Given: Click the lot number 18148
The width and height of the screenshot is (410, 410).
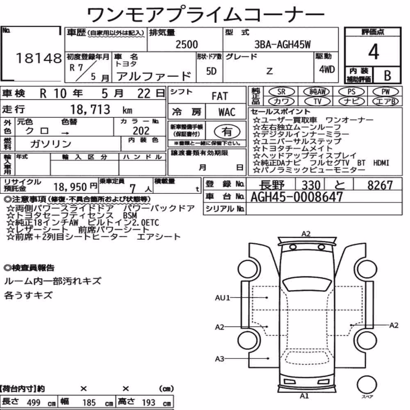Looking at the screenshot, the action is [x=39, y=58].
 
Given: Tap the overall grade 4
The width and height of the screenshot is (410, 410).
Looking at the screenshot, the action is [x=374, y=52].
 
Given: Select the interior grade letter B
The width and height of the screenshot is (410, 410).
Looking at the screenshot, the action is [x=387, y=75].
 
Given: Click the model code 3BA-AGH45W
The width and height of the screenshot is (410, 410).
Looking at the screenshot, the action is [x=282, y=45].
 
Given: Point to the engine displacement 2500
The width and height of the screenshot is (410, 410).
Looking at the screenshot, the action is [x=187, y=44].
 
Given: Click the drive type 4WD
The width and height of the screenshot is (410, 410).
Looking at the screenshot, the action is [x=327, y=69].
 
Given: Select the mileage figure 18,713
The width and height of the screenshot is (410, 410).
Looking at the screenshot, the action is [x=90, y=109].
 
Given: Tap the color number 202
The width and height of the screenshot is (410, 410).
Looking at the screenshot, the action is [x=141, y=131].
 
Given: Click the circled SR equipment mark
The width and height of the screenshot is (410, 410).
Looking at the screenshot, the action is [x=281, y=92].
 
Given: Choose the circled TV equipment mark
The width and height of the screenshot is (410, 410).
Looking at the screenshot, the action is [x=317, y=101].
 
